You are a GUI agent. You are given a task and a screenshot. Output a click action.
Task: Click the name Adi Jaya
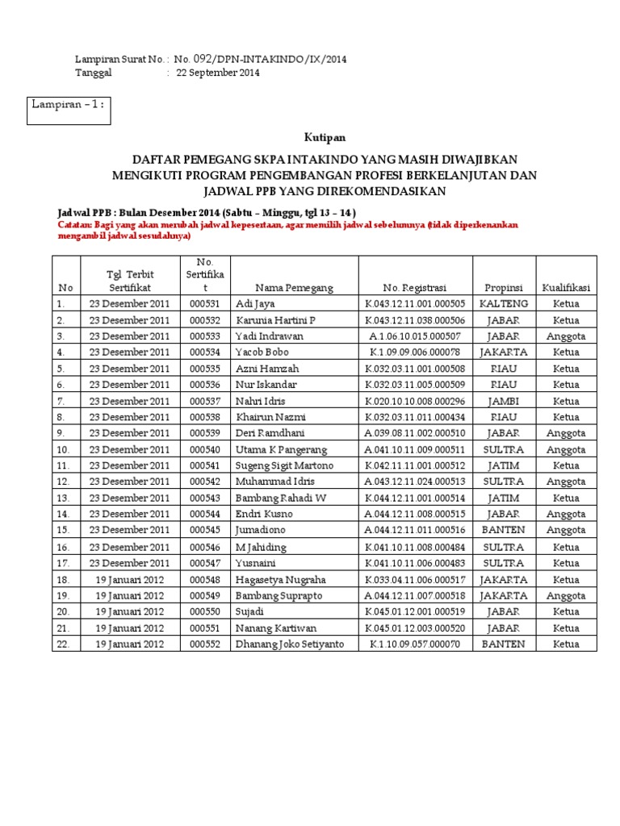253,304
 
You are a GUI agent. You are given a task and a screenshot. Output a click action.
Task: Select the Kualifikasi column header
566,288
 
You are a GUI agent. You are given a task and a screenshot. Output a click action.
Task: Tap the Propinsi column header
504,288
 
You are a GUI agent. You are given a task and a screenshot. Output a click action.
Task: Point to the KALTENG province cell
504,304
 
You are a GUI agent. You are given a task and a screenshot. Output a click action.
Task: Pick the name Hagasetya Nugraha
280,579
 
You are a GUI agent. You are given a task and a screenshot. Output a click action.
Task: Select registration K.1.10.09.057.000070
415,644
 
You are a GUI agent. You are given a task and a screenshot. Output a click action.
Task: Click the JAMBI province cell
504,401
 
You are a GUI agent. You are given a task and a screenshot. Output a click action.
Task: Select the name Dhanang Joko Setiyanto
288,644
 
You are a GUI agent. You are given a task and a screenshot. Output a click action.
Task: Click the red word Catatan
74,225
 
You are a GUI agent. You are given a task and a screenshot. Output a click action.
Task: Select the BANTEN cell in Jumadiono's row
504,530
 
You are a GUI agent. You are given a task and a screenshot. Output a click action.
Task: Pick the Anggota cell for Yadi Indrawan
566,336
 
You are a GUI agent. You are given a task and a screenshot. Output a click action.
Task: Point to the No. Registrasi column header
415,288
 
